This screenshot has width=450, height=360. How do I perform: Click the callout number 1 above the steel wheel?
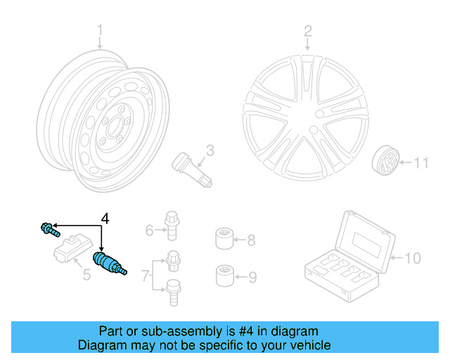click(x=100, y=30)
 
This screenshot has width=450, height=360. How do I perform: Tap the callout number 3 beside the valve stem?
click(x=210, y=150)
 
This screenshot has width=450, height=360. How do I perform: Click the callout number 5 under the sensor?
click(x=86, y=274)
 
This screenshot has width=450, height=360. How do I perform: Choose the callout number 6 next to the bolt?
click(x=150, y=230)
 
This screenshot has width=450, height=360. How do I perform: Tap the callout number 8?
click(x=252, y=240)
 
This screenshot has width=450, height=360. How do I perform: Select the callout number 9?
click(x=252, y=277)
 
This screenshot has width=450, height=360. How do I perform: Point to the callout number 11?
click(x=420, y=164)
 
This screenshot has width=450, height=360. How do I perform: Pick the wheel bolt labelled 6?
click(x=171, y=224)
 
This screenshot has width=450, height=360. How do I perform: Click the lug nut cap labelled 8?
click(x=224, y=240)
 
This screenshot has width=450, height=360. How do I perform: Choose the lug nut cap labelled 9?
click(x=224, y=274)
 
